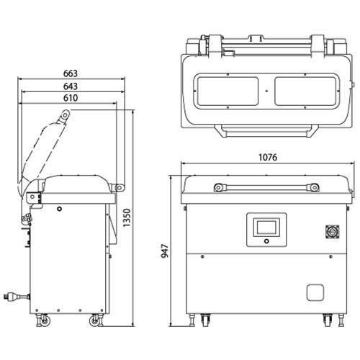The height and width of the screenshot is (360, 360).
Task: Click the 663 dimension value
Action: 70,73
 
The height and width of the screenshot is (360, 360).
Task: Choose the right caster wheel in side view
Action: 94,320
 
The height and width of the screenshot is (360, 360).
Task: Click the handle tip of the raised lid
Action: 66,113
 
